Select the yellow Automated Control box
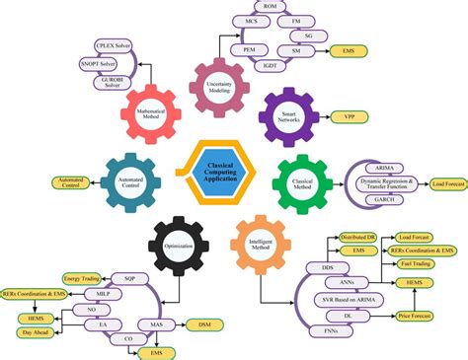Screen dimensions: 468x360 click(x=66, y=180)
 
